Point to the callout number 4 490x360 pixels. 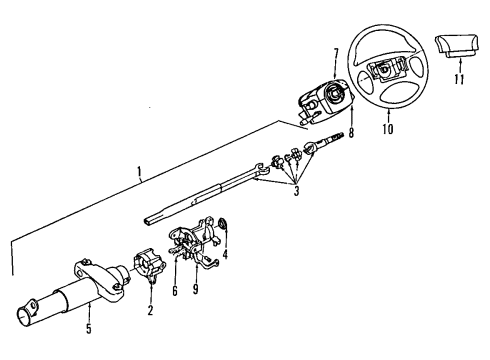tap(225, 255)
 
